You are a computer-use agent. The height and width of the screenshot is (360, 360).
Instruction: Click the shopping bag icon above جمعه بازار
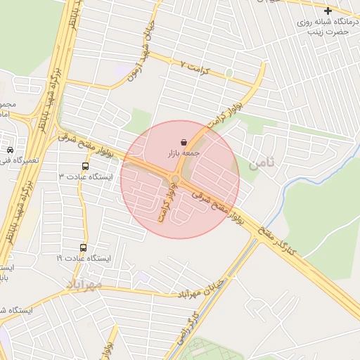[x=184, y=142]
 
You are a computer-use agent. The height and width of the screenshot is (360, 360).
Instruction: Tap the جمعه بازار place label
[x=184, y=153]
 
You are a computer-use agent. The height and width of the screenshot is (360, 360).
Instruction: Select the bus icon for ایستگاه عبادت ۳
[x=85, y=167]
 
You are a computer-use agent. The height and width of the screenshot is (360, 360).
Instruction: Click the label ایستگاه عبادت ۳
[x=89, y=176]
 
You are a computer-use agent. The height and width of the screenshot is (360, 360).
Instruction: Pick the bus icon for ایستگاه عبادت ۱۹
[x=84, y=248]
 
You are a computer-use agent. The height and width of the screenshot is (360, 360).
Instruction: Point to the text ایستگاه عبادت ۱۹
[x=84, y=258]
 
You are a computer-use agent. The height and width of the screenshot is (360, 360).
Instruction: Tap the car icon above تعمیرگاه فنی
[x=10, y=150]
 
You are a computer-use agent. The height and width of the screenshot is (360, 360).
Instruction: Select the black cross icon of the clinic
[x=328, y=11]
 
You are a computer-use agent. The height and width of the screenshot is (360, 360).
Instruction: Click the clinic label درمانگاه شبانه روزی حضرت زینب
[x=327, y=27]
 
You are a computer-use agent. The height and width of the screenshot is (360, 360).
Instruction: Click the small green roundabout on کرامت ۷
[x=229, y=72]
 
